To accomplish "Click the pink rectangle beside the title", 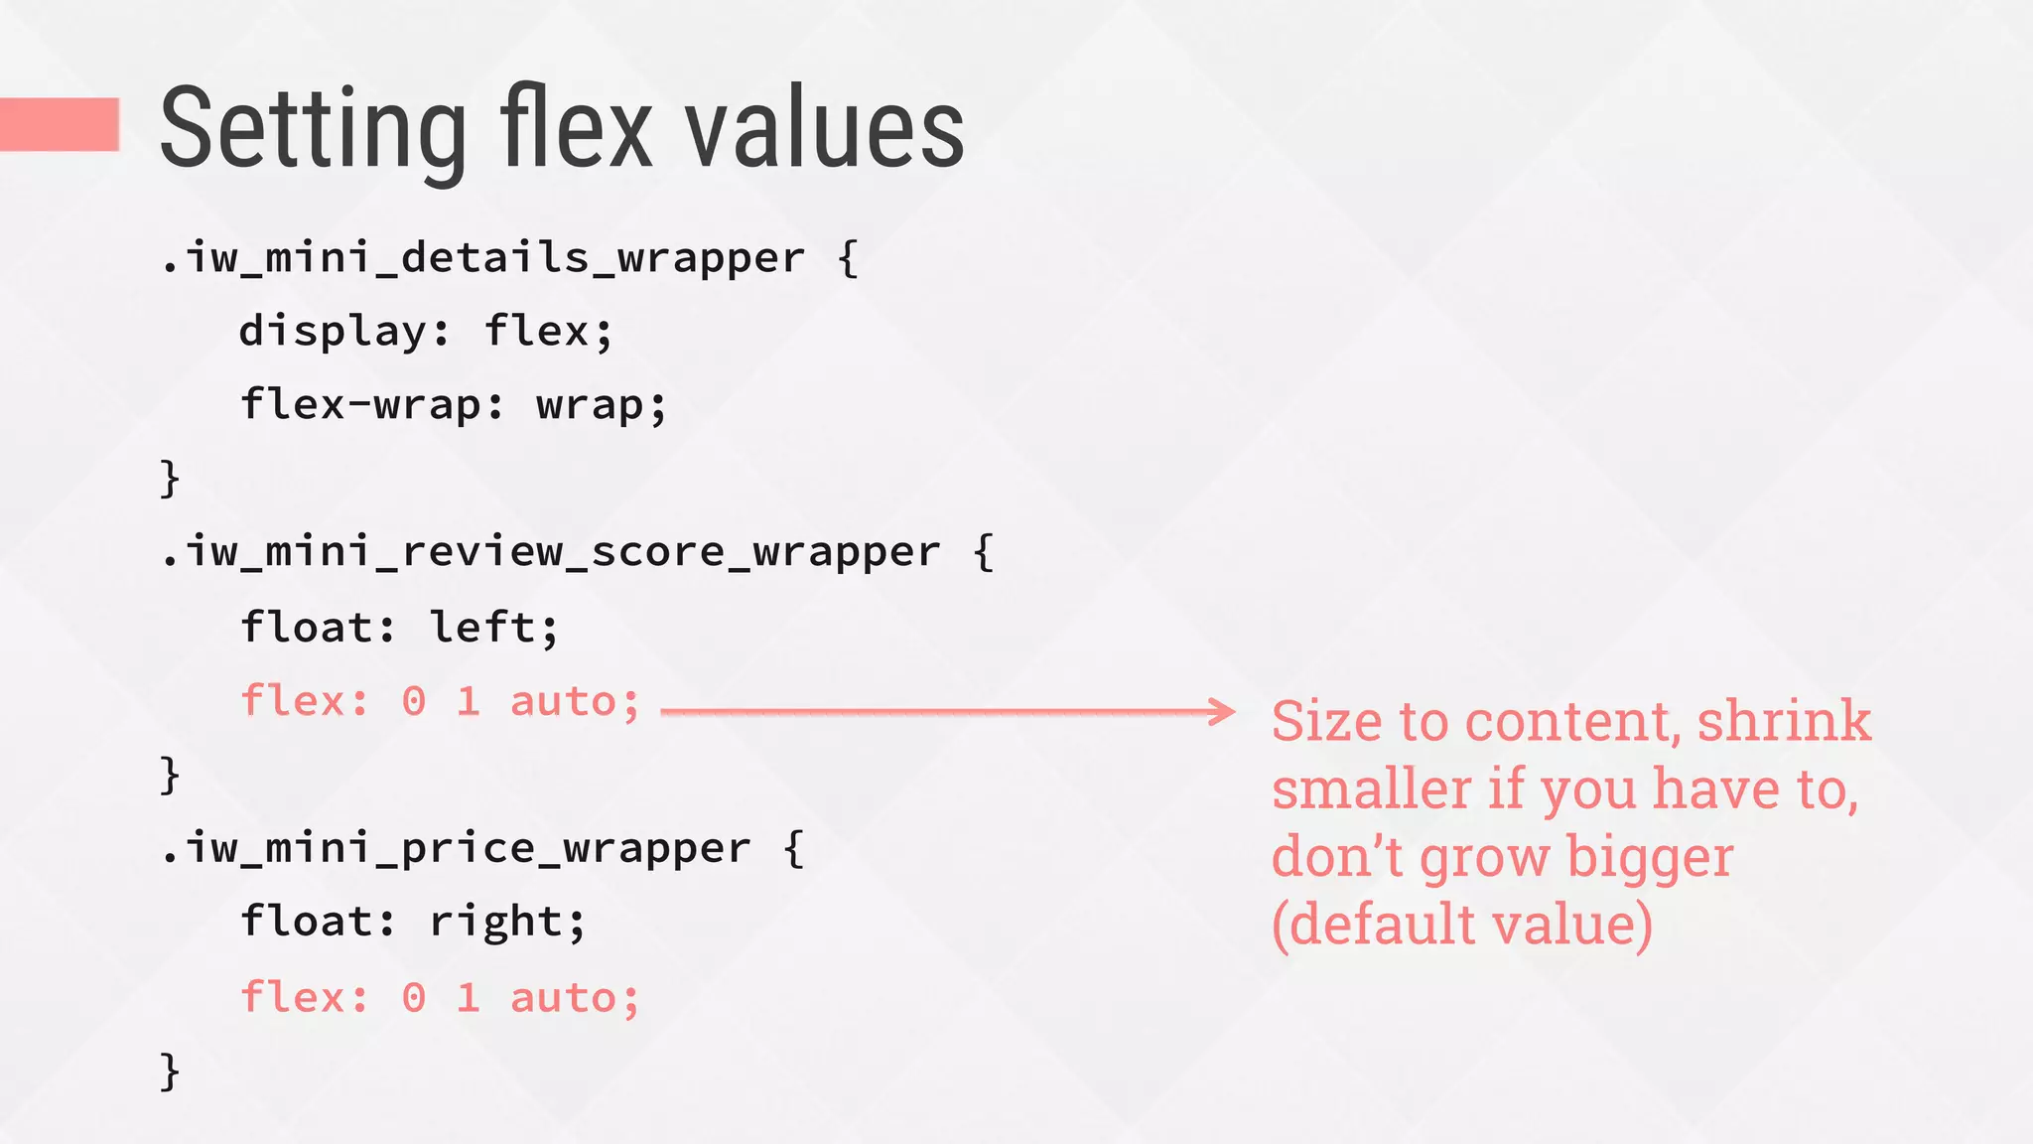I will pyautogui.click(x=60, y=124).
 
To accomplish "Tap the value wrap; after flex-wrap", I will pyautogui.click(x=602, y=405).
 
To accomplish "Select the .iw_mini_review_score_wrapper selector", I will pyautogui.click(x=550, y=552).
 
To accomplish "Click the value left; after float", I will pyautogui.click(x=494, y=628).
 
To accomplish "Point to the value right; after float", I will pyautogui.click(x=507, y=922).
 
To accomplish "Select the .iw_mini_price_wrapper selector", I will pyautogui.click(x=456, y=848).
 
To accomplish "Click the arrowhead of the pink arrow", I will pyautogui.click(x=1222, y=711).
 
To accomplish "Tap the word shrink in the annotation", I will pyautogui.click(x=1784, y=721).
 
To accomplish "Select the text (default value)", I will pyautogui.click(x=1462, y=925).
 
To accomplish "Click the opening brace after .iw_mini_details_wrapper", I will pyautogui.click(x=848, y=258).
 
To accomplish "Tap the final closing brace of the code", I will pyautogui.click(x=170, y=1071).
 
